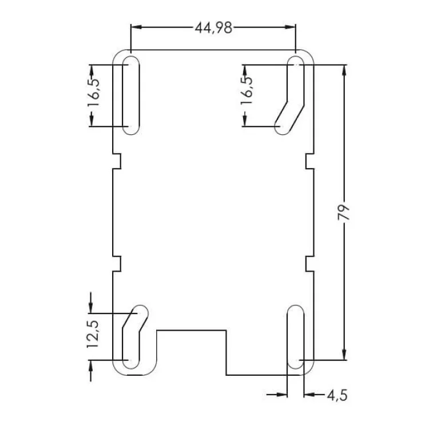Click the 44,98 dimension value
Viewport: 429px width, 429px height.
coord(213,27)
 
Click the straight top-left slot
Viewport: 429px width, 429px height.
coord(130,95)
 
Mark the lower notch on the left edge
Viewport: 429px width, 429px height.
coord(118,263)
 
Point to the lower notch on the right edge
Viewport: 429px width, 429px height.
coord(309,263)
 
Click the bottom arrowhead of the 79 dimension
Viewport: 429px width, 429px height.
coord(343,355)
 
